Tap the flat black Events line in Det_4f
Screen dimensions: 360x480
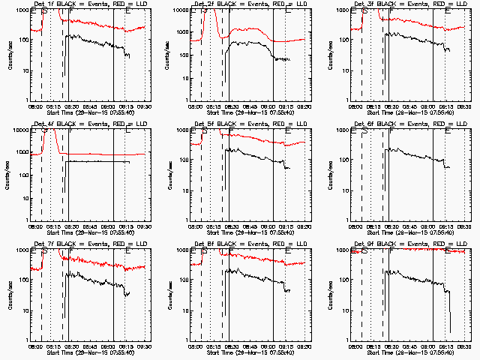point(97,161)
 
